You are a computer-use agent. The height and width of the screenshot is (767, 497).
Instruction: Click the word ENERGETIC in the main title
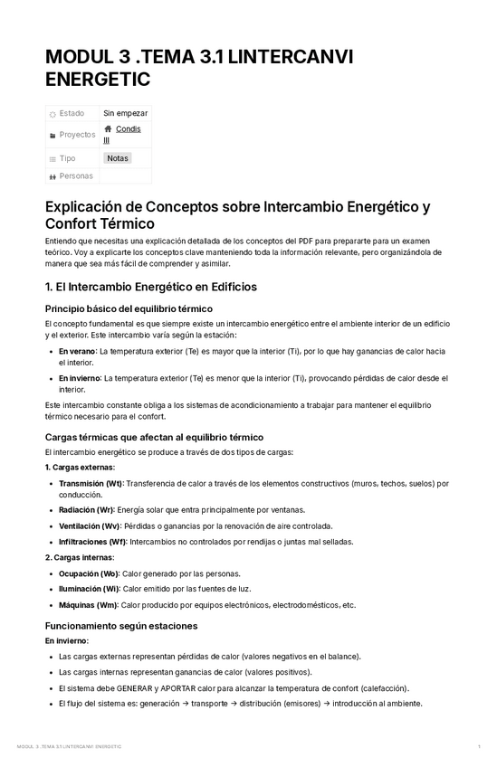point(98,80)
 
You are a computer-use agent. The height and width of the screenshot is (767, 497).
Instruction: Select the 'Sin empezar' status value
point(125,113)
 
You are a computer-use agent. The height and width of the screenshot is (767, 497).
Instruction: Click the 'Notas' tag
point(118,157)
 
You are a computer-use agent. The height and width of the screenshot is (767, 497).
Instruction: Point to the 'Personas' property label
point(76,175)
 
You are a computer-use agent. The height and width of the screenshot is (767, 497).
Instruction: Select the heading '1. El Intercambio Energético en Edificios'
point(151,287)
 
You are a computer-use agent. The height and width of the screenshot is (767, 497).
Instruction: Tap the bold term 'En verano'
point(77,350)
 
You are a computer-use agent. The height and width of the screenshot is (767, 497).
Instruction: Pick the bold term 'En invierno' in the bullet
point(80,378)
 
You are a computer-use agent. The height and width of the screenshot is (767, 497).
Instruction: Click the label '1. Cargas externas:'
point(80,467)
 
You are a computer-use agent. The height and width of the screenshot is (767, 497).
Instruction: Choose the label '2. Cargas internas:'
point(80,557)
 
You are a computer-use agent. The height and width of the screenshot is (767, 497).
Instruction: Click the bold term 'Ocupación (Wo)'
point(88,573)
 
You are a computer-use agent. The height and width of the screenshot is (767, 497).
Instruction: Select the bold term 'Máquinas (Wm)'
point(88,605)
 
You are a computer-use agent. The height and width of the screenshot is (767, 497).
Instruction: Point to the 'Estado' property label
point(72,113)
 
